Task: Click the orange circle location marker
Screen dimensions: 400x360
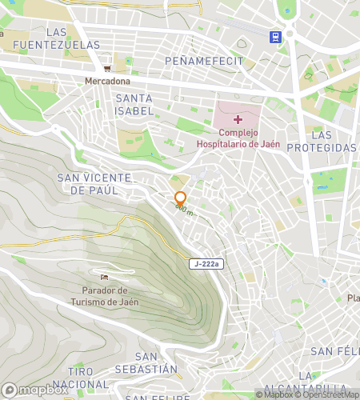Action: tap(180, 198)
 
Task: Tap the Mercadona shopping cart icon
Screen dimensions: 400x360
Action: tap(106, 68)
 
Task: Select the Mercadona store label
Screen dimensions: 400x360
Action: tap(107, 81)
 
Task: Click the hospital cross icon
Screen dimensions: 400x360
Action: tap(238, 118)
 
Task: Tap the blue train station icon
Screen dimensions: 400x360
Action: tap(275, 36)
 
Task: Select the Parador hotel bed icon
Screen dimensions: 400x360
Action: tap(105, 277)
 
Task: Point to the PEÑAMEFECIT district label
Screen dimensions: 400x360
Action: tap(197, 61)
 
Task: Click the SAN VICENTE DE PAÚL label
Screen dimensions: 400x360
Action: tap(88, 183)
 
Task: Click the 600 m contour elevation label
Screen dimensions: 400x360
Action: tap(185, 210)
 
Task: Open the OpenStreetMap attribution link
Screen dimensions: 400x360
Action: tap(327, 394)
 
